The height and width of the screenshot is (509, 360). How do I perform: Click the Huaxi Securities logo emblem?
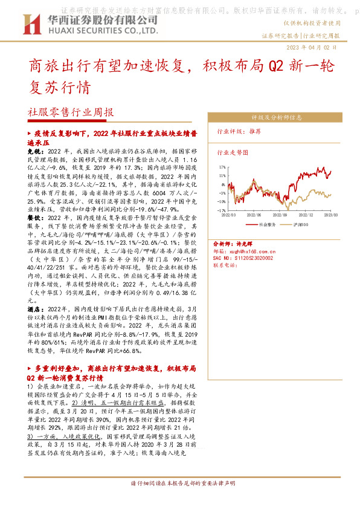click(30, 24)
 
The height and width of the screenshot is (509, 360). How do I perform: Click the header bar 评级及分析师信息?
click(277, 118)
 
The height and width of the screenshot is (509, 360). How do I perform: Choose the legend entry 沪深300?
click(297, 224)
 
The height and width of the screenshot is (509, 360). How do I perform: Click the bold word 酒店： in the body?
click(35, 308)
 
